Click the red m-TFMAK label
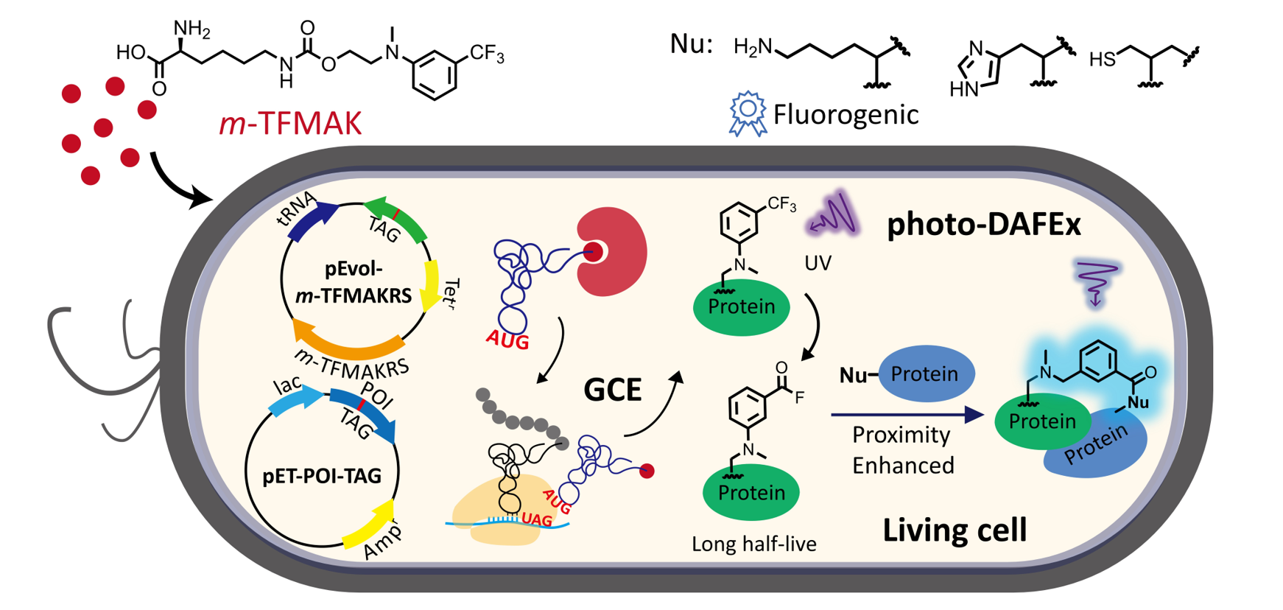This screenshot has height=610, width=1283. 290,124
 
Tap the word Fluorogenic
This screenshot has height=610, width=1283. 846,115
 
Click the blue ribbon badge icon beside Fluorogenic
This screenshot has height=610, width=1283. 747,113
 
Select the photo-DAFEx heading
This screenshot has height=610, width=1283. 983,224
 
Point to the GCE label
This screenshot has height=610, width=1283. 612,389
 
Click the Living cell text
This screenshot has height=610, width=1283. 955,530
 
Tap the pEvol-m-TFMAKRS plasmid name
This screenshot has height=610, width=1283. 354,283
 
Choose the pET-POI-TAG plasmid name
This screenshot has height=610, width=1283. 322,476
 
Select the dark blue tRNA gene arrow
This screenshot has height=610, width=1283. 312,220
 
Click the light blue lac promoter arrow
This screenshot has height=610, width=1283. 295,401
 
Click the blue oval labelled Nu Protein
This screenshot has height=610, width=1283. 925,374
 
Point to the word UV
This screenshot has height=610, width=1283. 818,263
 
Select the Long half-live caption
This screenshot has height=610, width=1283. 753,544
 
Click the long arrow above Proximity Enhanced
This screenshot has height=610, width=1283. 907,415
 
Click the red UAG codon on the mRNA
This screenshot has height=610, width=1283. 536,519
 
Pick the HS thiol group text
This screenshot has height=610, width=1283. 1103,59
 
